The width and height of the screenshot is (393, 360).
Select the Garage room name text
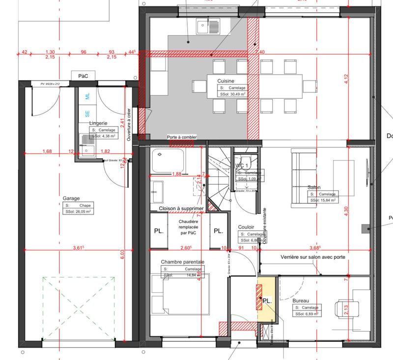(x=71, y=198)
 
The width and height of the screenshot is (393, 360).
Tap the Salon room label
(x=314, y=187)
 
